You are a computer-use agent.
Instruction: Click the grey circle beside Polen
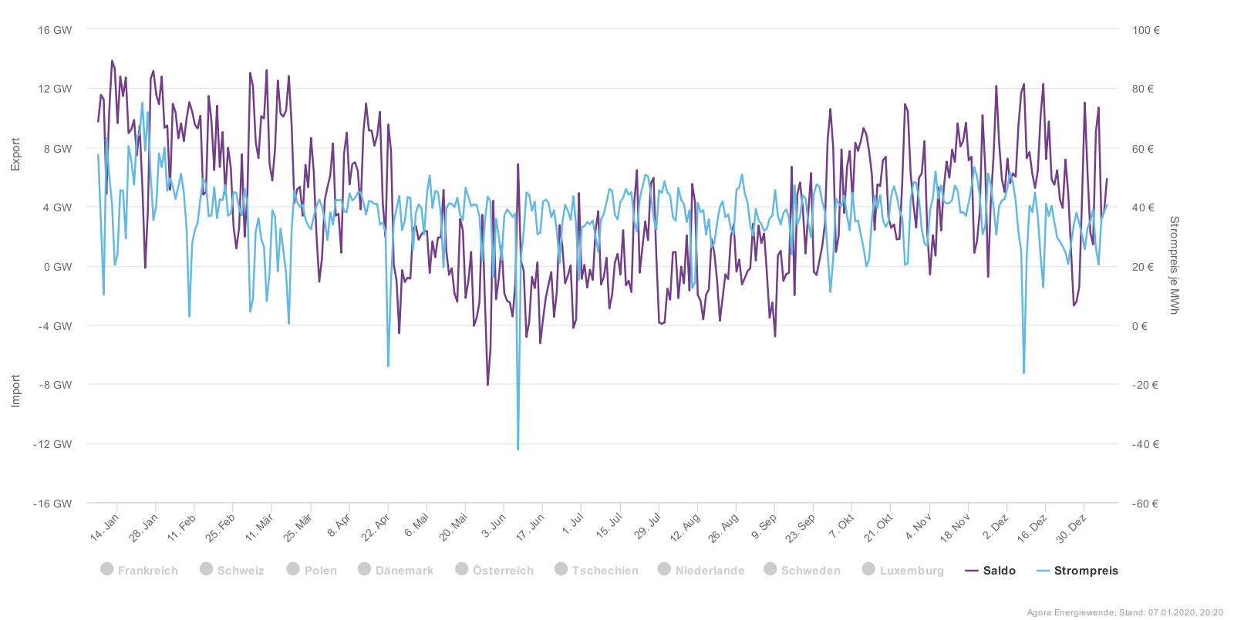pos(293,569)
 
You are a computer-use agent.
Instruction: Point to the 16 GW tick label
pos(55,30)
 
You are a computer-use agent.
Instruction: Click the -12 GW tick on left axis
pos(52,444)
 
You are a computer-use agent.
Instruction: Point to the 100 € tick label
pos(1145,30)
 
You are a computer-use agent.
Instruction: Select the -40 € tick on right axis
pos(1145,444)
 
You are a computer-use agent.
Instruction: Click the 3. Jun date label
pos(494,525)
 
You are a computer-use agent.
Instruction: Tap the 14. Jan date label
pos(105,527)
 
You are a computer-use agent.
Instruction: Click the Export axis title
pos(15,155)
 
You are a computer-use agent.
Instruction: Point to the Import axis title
pos(15,390)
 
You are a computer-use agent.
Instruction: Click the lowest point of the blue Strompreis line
pos(518,449)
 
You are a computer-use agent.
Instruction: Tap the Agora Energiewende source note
pos(1124,612)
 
